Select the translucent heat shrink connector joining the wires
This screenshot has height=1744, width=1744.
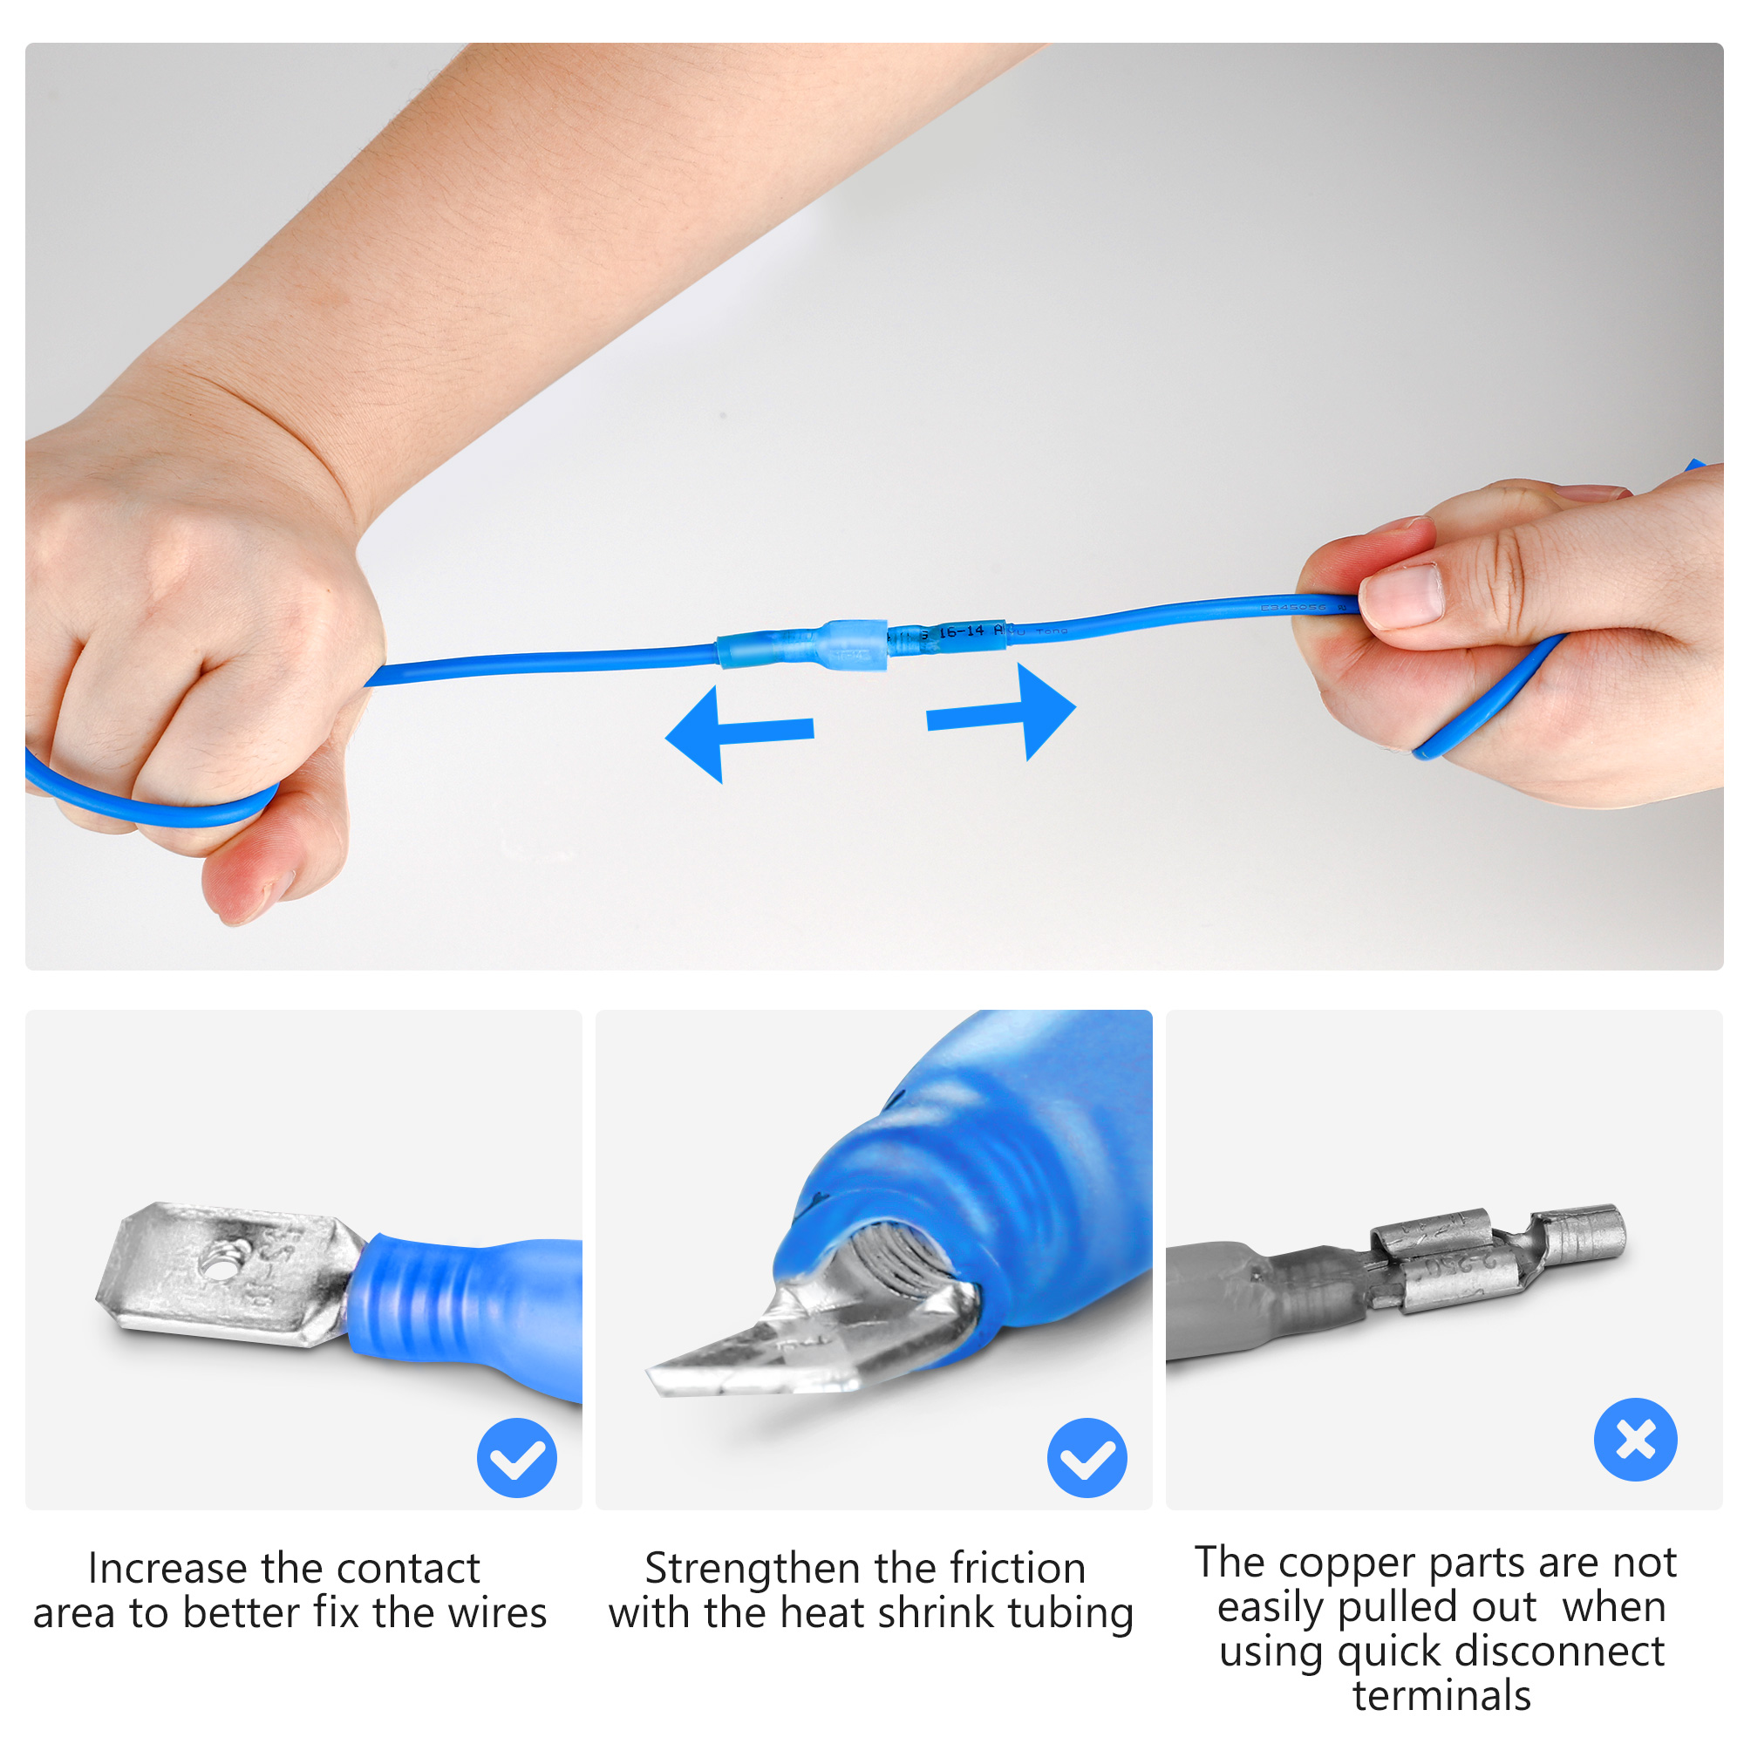coord(803,646)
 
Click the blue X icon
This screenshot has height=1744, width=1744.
coord(1635,1439)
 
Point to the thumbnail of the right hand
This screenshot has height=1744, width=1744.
coord(1402,593)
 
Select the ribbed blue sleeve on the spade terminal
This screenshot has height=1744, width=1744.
coord(425,1300)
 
